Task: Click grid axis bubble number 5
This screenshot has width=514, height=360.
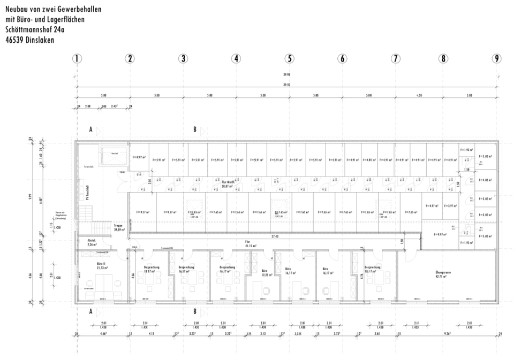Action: pyautogui.click(x=290, y=59)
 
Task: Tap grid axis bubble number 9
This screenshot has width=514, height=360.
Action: pyautogui.click(x=497, y=59)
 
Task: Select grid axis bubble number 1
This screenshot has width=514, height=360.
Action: pyautogui.click(x=78, y=59)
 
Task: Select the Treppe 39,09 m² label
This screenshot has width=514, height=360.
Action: pyautogui.click(x=118, y=227)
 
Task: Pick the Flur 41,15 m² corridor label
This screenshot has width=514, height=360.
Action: pyautogui.click(x=247, y=243)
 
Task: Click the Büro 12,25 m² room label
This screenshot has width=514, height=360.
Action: pyautogui.click(x=264, y=273)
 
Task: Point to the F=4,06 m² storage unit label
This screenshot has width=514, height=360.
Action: pyautogui.click(x=487, y=180)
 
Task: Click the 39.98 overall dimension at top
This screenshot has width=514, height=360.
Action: pyautogui.click(x=288, y=75)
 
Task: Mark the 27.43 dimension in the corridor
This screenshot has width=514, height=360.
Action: pyautogui.click(x=275, y=235)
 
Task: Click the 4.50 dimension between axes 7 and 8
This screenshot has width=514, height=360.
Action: pyautogui.click(x=419, y=95)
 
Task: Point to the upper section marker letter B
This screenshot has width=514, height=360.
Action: pyautogui.click(x=195, y=129)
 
